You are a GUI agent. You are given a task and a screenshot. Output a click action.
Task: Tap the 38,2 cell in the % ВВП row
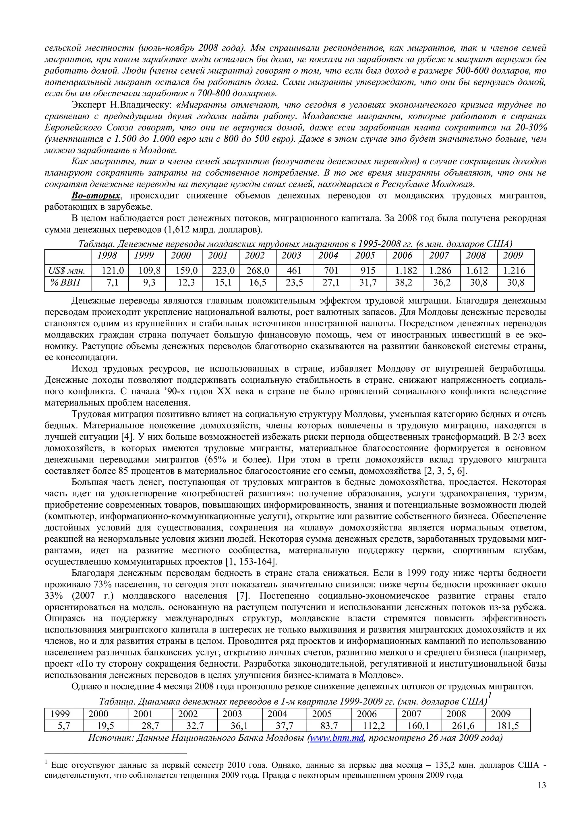(x=404, y=282)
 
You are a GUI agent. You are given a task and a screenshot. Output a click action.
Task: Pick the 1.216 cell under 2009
(x=513, y=271)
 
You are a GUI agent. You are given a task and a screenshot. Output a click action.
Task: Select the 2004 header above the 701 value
(x=328, y=255)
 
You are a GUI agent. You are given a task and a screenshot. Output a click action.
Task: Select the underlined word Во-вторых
(x=96, y=196)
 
